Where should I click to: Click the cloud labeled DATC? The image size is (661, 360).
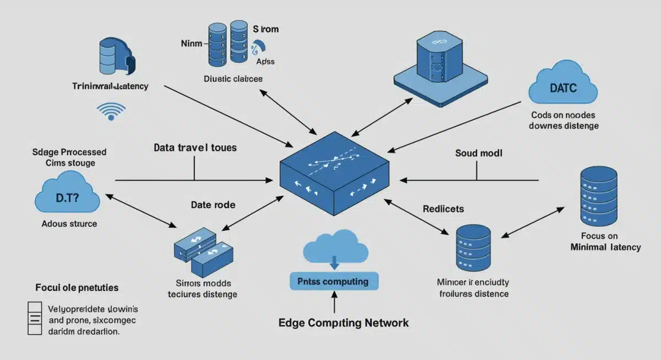pos(562,87)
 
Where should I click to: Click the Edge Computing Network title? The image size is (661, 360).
pos(344,323)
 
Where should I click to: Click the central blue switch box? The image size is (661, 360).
pos(335,173)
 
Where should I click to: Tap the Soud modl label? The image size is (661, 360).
pos(479,153)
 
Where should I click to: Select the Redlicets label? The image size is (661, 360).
pos(443,209)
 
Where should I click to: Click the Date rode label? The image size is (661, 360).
pos(213,205)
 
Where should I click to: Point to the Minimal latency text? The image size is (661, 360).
pos(605,247)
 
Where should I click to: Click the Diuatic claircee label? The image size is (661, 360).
pos(232,79)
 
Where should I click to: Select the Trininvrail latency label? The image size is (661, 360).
pos(110,86)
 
